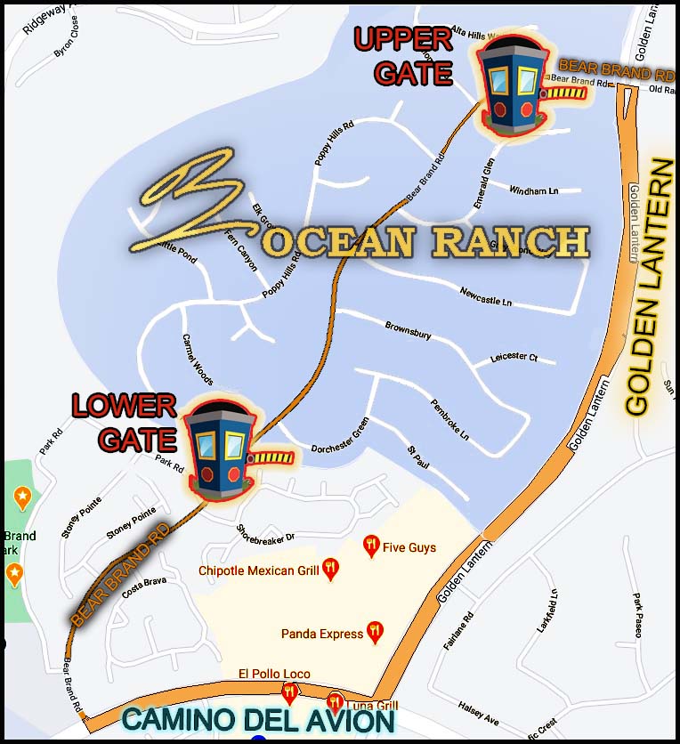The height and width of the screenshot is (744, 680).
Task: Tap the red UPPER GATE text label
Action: (403, 55)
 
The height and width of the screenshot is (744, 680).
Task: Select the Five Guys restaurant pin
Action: (372, 546)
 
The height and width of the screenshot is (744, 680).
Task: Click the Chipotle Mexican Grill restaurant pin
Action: (330, 569)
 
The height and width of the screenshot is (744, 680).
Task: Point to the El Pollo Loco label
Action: (274, 674)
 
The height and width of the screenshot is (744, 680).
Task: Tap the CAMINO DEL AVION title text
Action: (257, 720)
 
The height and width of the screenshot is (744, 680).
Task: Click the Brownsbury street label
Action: (408, 329)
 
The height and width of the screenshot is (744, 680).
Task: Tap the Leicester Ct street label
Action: (514, 358)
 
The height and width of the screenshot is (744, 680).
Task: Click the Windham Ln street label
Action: (533, 190)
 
